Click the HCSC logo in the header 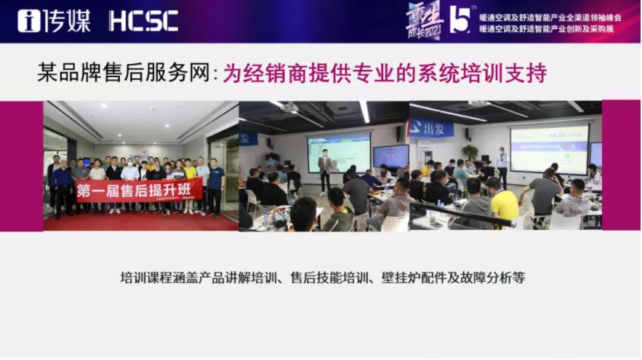(x=143, y=20)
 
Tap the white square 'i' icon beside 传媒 (x=28, y=20)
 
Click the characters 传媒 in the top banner (x=66, y=20)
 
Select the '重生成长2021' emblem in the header (x=424, y=20)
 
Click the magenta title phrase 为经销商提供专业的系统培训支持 (x=385, y=73)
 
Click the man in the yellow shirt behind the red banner (x=190, y=175)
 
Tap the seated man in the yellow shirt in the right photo (x=503, y=201)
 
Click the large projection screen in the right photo (x=549, y=148)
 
